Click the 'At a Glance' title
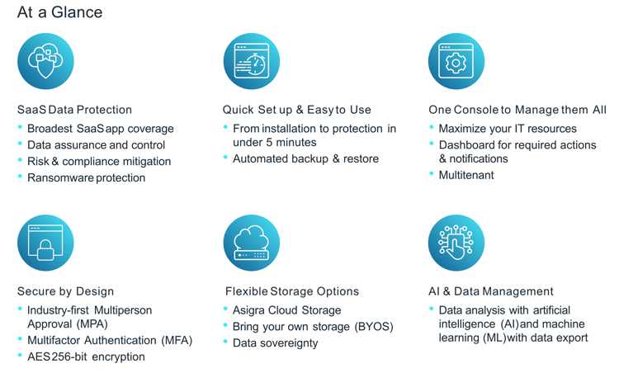pos(60,12)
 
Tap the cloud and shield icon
pos(45,61)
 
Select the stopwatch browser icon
pos(252,61)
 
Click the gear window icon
pos(456,61)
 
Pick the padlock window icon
pos(45,243)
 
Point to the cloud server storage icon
pos(252,243)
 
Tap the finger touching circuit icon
pos(456,243)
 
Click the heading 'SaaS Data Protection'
pos(74,110)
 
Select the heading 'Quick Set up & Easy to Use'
pos(297,110)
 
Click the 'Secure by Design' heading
pos(65,291)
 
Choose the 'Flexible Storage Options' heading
pos(292,291)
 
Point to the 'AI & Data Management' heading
pos(491,291)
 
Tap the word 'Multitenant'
pos(466,175)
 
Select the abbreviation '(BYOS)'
pos(374,327)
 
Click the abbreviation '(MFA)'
pos(177,341)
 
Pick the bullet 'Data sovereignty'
pos(275,343)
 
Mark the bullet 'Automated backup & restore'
pos(305,158)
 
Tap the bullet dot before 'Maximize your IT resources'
pos(432,127)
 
